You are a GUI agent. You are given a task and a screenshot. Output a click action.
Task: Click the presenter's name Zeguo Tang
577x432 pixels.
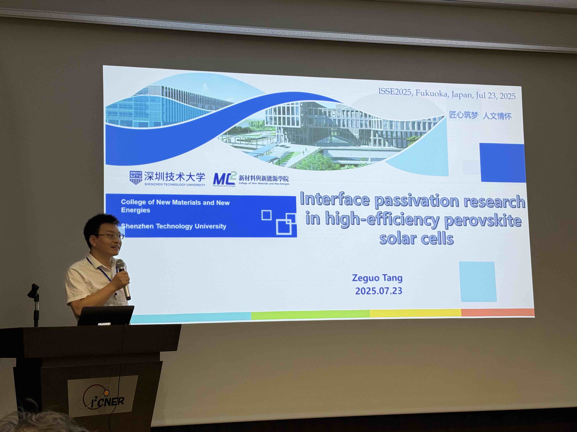click(x=377, y=278)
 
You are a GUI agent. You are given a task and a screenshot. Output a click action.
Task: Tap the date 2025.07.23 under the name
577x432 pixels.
click(x=379, y=291)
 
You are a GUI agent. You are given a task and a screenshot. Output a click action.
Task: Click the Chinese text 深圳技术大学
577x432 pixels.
click(x=174, y=177)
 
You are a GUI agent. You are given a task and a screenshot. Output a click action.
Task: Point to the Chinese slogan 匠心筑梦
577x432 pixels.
click(x=464, y=115)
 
